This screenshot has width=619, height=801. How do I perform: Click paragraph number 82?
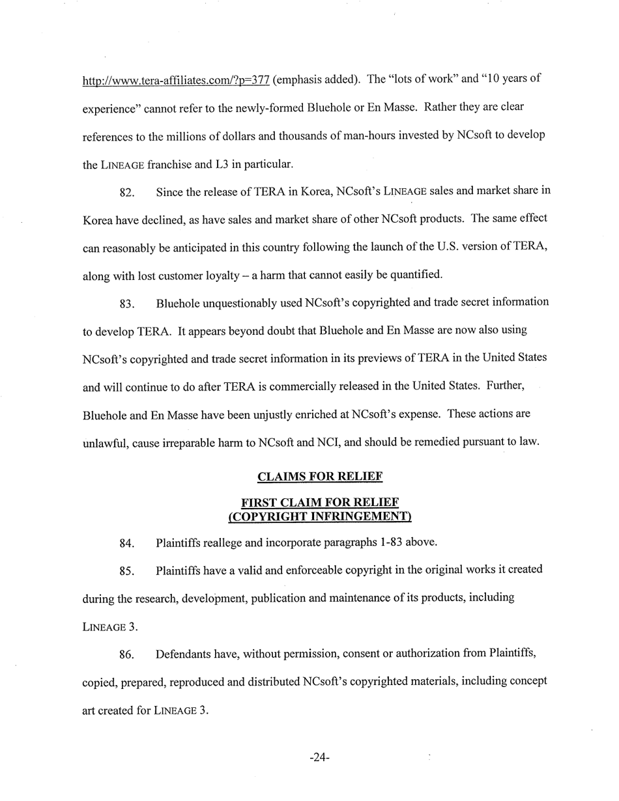(x=128, y=193)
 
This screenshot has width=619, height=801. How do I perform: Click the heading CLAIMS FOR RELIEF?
(x=319, y=477)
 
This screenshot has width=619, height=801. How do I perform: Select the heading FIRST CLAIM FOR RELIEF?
(x=319, y=503)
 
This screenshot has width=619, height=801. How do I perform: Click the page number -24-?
(x=319, y=758)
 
